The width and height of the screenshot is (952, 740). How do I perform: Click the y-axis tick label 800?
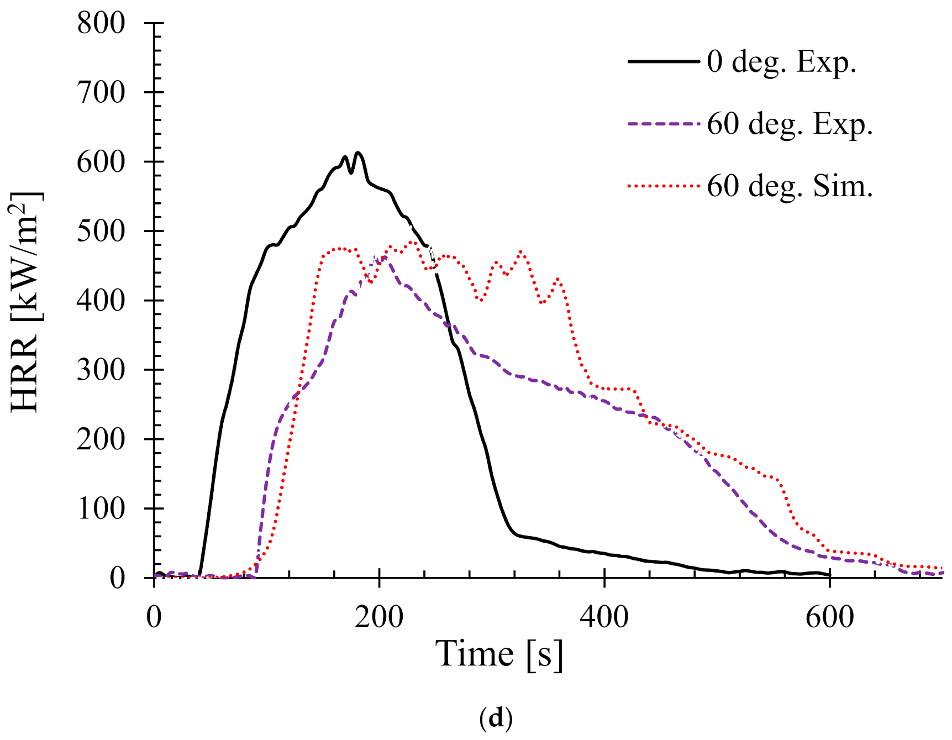click(101, 23)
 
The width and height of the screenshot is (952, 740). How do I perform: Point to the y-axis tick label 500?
click(101, 231)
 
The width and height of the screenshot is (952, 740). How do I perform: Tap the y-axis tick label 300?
click(101, 370)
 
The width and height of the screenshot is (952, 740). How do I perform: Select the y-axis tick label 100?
click(101, 508)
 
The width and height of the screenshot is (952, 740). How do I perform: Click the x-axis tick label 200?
click(379, 616)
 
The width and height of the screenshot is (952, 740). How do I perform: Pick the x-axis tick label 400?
click(604, 616)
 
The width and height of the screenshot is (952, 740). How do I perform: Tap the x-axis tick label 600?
click(830, 616)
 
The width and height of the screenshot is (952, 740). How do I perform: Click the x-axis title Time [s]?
click(499, 654)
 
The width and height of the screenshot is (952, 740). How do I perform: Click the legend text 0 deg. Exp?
click(781, 61)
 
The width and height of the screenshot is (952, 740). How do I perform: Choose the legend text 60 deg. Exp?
click(790, 124)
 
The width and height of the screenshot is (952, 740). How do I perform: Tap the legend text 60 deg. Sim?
click(790, 186)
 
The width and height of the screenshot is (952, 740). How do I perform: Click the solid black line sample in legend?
click(663, 61)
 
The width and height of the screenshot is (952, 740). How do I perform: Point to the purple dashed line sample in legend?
click(663, 124)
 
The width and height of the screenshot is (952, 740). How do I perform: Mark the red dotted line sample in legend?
click(663, 186)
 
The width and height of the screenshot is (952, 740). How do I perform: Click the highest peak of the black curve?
click(358, 153)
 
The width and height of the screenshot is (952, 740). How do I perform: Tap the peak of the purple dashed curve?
click(383, 256)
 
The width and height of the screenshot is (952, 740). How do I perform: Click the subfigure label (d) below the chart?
click(496, 717)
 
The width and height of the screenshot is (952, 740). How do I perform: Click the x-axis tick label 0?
click(154, 616)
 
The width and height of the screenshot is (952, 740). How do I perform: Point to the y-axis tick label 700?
click(101, 92)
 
